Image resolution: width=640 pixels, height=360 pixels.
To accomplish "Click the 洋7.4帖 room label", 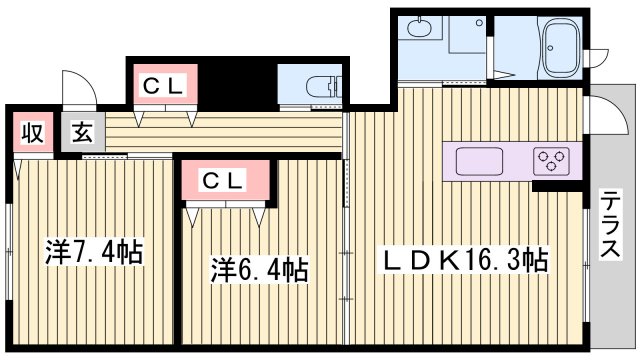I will click(x=95, y=251).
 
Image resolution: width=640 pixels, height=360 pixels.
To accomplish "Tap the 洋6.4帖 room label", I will click(x=259, y=269).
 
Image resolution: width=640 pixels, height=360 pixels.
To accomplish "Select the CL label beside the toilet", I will click(x=162, y=86).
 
